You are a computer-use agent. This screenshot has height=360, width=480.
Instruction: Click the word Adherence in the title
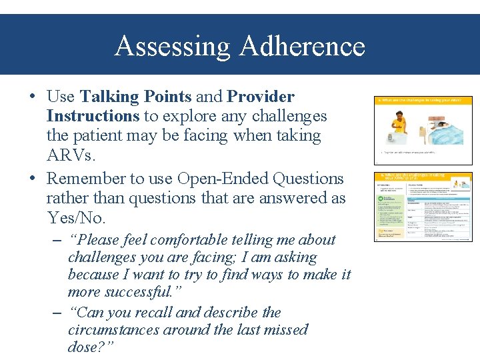(302, 47)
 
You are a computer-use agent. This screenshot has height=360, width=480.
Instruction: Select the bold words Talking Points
(135, 97)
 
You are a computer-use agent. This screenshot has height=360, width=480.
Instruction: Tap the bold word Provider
(261, 97)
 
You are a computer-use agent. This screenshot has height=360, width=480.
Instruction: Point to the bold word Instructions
(93, 117)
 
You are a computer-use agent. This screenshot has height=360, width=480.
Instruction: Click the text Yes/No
(75, 218)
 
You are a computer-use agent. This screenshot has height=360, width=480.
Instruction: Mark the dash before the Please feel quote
(57, 240)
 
